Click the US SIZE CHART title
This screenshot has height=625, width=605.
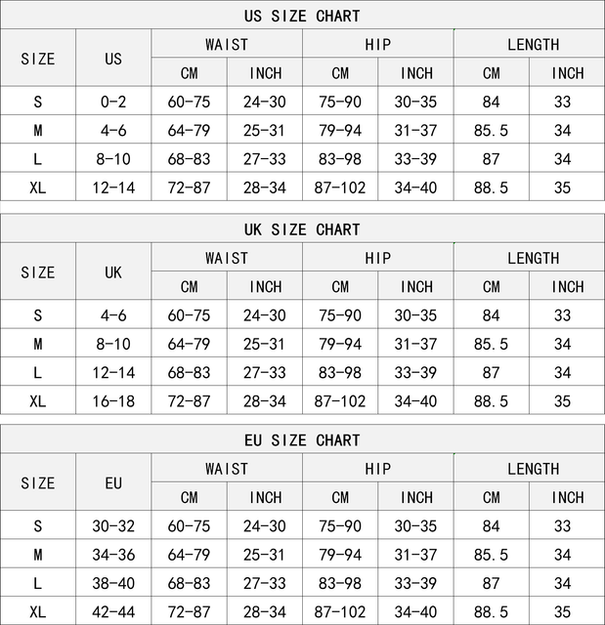(302, 16)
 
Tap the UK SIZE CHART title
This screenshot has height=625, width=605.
(302, 229)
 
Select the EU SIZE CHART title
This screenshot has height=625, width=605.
(302, 440)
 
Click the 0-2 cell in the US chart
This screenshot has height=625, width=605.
(113, 102)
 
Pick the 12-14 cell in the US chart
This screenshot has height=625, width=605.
(113, 187)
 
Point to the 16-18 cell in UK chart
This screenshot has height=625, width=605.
(113, 400)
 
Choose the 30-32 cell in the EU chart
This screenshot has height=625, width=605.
(113, 526)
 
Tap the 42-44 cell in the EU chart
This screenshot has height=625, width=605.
(113, 611)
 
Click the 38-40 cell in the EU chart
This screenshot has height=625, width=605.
(113, 583)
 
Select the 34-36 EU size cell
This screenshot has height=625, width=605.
(113, 555)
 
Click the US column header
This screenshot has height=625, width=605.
(113, 59)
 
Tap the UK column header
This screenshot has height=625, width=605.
(113, 272)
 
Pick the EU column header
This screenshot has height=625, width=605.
(113, 483)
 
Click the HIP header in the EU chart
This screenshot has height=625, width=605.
(377, 469)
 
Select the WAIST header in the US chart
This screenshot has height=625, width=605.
(227, 44)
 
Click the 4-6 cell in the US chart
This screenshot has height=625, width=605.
(113, 130)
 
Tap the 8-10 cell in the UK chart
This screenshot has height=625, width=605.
(113, 344)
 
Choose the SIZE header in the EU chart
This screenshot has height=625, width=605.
(38, 483)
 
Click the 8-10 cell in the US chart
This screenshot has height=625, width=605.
(113, 158)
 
